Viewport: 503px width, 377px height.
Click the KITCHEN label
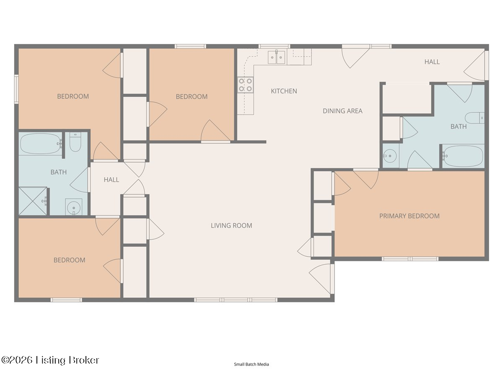284,91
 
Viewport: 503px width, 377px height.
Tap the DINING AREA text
342,111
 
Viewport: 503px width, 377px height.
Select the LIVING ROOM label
231,225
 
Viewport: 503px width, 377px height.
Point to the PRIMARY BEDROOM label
409,216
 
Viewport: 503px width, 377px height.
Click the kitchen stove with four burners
245,85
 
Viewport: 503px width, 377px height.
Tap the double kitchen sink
276,57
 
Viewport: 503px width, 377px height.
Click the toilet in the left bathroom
75,142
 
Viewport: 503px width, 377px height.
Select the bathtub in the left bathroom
41,144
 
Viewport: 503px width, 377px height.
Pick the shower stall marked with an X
33,201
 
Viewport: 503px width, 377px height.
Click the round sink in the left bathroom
73,207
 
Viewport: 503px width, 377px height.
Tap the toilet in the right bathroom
474,118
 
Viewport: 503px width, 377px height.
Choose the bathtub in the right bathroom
463,156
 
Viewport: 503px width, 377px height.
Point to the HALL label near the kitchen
432,62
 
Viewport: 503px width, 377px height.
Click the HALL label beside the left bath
111,180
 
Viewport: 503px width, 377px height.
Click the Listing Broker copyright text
50,360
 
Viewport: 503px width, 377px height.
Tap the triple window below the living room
236,300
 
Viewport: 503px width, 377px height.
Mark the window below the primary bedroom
410,259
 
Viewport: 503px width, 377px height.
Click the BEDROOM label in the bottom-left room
70,260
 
